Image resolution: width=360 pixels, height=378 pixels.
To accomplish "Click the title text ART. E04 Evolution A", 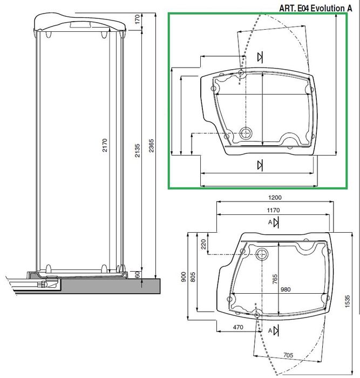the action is pos(316,8).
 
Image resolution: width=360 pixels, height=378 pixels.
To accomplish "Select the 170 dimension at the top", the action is pos(137,19).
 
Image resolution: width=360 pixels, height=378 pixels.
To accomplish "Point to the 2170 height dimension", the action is pos(105,145).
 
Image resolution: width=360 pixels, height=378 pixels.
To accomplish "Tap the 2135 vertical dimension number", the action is pos(137,151).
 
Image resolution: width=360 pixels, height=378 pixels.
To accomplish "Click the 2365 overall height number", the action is pos(151,146).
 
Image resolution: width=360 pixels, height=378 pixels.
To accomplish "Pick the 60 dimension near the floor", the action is pos(137,274).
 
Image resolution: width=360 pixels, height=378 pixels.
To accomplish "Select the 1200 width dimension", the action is pos(275,198).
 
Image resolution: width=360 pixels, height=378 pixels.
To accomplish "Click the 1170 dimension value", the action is pos(273,210).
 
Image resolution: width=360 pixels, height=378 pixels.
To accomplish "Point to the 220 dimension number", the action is pos(203,244).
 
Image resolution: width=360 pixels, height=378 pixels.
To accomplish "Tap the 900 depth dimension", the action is pos(184,276).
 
